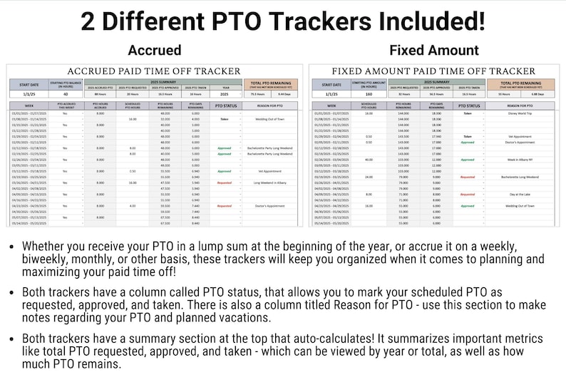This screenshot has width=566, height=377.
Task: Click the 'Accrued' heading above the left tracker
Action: point(155,51)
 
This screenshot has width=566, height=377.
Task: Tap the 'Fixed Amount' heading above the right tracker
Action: point(434,51)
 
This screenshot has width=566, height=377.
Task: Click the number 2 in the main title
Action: point(88,20)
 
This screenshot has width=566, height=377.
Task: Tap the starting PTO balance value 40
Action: point(66,93)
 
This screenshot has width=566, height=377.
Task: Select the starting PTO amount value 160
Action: point(368,93)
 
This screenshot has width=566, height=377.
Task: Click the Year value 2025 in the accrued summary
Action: point(225,93)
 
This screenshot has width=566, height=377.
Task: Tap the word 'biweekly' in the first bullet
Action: point(38,260)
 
